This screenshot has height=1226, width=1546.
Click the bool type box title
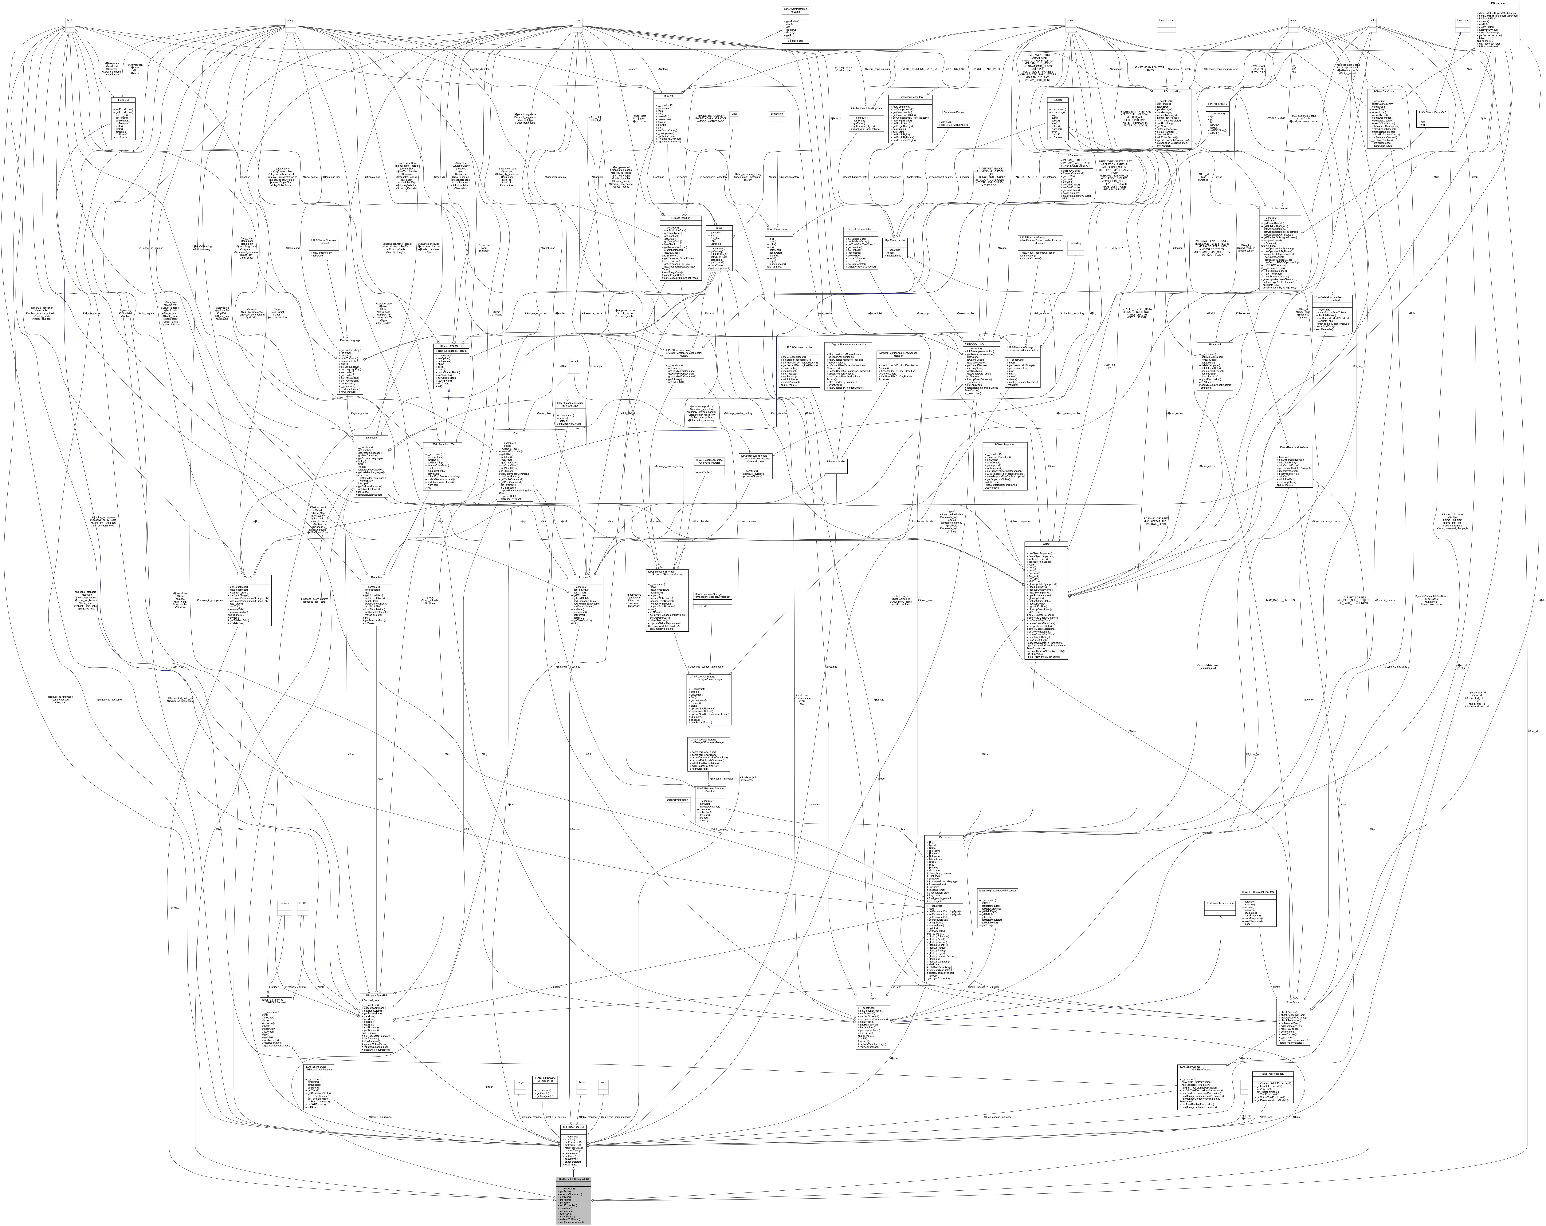pyautogui.click(x=70, y=20)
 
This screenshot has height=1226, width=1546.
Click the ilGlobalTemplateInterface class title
pyautogui.click(x=1292, y=447)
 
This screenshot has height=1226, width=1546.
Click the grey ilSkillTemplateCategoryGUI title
pyautogui.click(x=574, y=1179)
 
